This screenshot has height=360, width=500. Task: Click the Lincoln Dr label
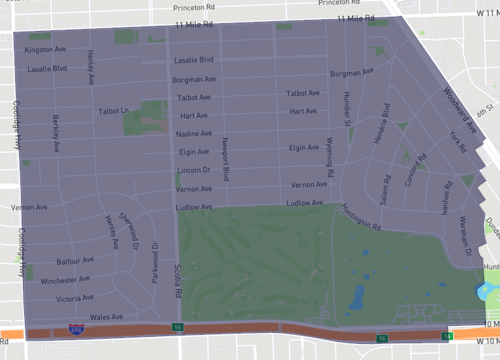point(193,170)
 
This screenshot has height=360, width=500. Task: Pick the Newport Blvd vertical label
point(226,159)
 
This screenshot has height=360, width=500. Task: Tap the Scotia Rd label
point(177,279)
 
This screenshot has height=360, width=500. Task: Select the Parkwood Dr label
point(155,262)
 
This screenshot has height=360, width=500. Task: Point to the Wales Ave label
point(106,316)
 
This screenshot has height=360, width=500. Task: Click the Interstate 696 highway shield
point(76,328)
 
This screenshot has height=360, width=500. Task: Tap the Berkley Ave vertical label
point(55,133)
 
